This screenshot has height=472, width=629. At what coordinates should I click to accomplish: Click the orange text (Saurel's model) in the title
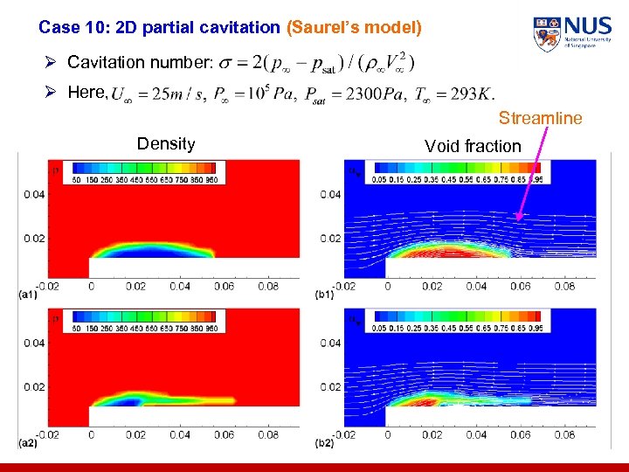354,28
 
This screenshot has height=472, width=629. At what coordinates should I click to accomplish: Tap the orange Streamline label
540,118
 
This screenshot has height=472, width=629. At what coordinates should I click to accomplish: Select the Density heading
166,144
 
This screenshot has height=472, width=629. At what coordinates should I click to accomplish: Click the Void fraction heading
473,146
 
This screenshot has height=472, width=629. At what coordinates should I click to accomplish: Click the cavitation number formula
315,63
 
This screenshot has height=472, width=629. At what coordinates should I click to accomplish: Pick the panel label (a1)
29,295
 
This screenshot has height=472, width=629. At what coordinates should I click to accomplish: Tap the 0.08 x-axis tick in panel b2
564,434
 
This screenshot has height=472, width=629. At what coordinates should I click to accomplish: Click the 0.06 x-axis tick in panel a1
224,286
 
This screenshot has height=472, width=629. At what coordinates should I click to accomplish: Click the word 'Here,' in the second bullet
87,93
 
